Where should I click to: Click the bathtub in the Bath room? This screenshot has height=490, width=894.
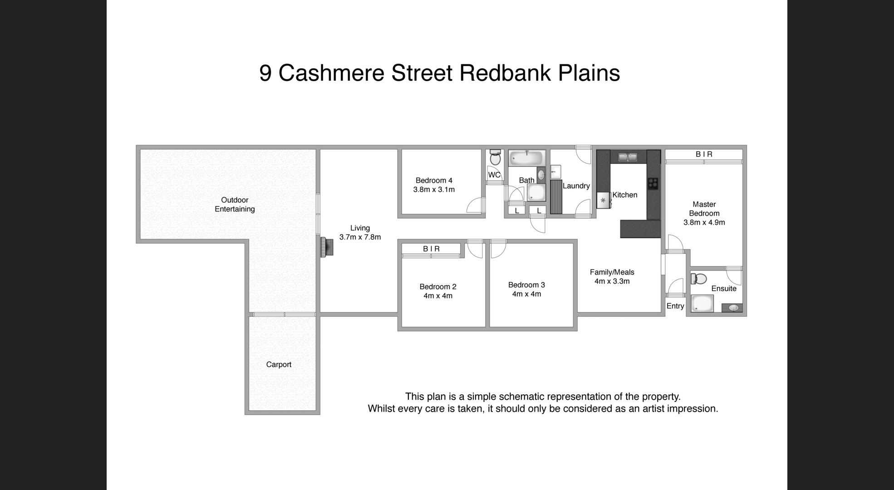[x=526, y=159]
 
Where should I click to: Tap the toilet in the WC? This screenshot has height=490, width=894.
[x=495, y=158]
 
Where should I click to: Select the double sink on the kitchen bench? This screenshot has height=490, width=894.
[x=628, y=157]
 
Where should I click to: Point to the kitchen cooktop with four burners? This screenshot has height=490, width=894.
[x=653, y=183]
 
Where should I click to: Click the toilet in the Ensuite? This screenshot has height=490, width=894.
[x=699, y=279]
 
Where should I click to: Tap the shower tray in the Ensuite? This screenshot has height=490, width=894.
[x=702, y=303]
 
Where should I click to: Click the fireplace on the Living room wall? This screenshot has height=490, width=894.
[x=327, y=247]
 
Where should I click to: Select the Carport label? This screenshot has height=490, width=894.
[x=279, y=364]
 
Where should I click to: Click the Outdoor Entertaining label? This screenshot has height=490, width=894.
[x=235, y=204]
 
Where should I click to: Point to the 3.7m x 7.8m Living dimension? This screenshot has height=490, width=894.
[x=360, y=237]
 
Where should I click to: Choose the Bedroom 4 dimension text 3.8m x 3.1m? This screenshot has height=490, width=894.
[x=434, y=189]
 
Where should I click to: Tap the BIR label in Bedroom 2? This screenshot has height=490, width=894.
[x=431, y=249]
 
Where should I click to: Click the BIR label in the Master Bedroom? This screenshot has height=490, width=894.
[x=704, y=154]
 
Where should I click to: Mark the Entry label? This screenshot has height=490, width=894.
[x=675, y=306]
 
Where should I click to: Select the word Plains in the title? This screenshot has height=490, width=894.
[x=589, y=73]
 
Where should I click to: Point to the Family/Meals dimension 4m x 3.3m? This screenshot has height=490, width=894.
[x=612, y=281]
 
